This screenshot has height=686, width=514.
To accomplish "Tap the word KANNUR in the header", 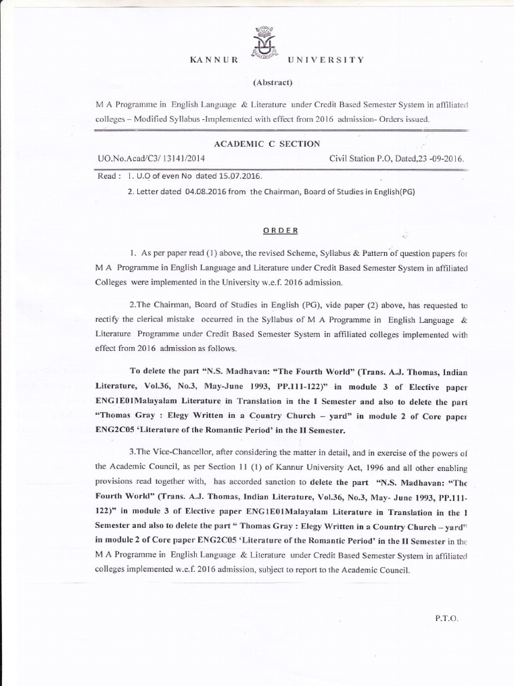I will pos(214,60).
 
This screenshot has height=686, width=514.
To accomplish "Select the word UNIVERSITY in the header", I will pos(325,60).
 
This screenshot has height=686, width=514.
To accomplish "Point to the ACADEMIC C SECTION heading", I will pos(257,144).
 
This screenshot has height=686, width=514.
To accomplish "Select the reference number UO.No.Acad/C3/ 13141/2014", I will pos(151,159).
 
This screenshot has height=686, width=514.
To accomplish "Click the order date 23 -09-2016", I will pos(438,159).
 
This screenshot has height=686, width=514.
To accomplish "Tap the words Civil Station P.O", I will pos(362,159).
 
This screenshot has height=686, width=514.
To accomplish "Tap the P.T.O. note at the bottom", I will pos(446,618).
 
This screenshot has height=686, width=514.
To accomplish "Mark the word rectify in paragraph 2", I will pos(108,322).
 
